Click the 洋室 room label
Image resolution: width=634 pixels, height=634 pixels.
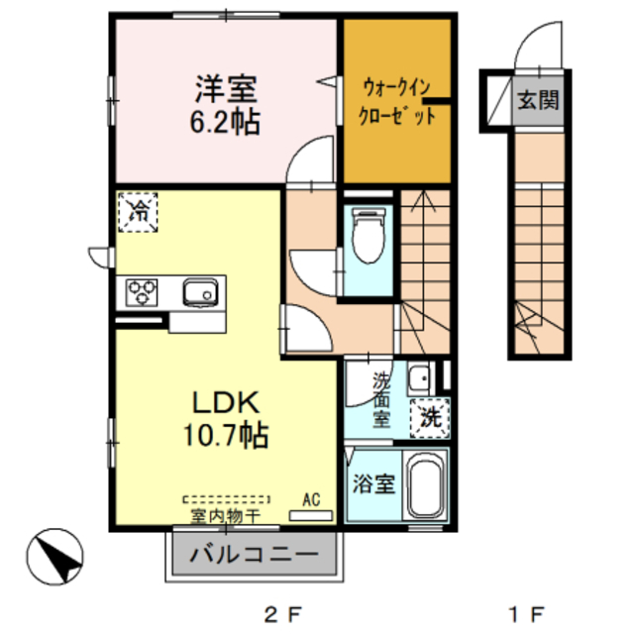tap(226, 89)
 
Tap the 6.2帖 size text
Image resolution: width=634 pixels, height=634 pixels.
tap(226, 124)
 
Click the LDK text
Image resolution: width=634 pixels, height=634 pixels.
tap(225, 402)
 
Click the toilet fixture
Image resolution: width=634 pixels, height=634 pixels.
tap(369, 239)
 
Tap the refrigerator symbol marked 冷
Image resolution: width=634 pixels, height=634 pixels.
tap(140, 211)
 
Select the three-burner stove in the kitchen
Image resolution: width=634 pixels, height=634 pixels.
tap(142, 293)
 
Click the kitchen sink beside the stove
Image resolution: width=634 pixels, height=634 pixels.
tap(200, 292)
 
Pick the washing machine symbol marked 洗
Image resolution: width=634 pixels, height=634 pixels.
tap(431, 417)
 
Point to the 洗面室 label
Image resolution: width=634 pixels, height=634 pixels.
tap(381, 399)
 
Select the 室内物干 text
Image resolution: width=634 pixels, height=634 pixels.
tap(225, 516)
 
